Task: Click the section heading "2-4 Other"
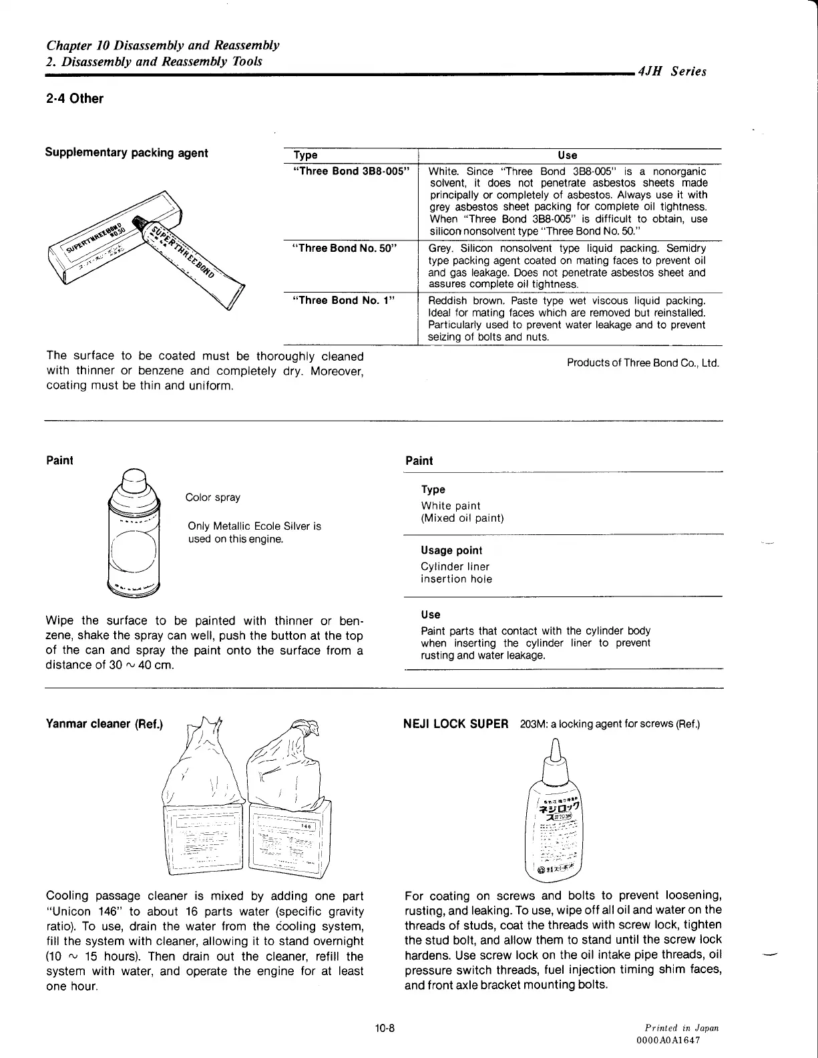coord(74,99)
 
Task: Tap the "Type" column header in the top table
coord(305,155)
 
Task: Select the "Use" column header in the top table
coord(568,155)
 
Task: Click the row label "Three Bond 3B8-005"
coord(351,171)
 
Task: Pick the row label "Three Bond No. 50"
coord(345,248)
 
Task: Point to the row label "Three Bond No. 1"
coord(344,300)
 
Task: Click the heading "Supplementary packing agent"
coord(126,153)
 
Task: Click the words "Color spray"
coord(212,498)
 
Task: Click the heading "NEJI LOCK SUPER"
coord(457,724)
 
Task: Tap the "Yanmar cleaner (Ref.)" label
coord(105,724)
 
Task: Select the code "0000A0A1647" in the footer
coord(670,1040)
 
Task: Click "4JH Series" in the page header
coord(672,71)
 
